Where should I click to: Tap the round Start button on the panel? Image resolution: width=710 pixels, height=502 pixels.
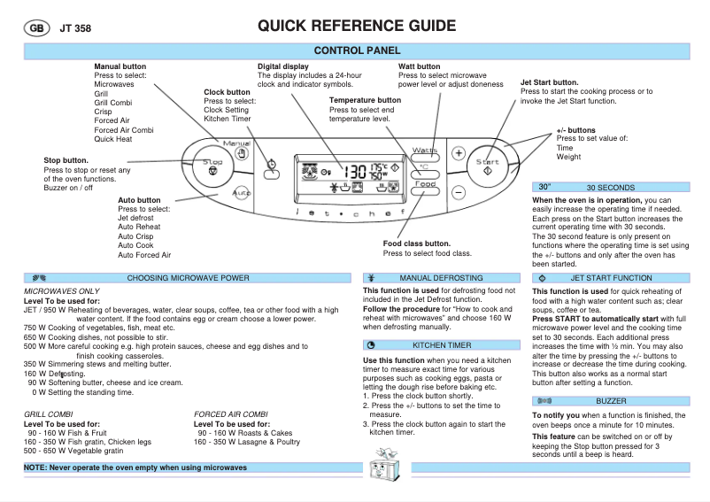tap(488, 166)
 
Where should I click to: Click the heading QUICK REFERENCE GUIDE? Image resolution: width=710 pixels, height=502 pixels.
tap(357, 26)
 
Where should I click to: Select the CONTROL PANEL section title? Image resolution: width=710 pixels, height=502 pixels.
tap(357, 51)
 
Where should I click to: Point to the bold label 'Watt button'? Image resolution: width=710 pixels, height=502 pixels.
tap(419, 66)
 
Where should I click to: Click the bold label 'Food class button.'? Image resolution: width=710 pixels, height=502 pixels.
tap(417, 243)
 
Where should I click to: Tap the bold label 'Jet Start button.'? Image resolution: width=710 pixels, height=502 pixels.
tap(550, 82)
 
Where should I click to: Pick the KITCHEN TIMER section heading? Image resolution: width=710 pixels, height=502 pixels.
tap(442, 344)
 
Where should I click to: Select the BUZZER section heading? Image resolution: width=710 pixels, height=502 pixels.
tap(610, 401)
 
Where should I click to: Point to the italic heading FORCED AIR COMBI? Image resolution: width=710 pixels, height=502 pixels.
tap(230, 414)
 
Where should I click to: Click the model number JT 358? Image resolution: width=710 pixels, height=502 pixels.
tap(75, 28)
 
